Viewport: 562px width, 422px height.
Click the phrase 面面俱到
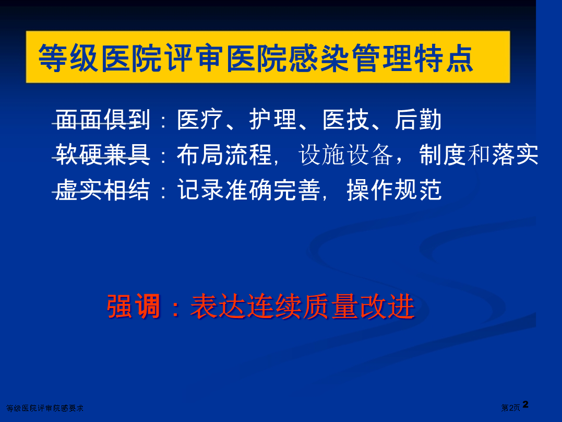click(x=102, y=120)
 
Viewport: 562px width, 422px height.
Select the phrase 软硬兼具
click(x=102, y=155)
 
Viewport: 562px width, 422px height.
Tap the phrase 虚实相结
click(x=102, y=190)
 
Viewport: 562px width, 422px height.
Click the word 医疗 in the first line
click(x=200, y=120)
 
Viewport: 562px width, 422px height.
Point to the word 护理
click(x=273, y=120)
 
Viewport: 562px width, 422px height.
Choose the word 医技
click(x=346, y=120)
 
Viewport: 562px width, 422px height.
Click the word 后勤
click(x=418, y=120)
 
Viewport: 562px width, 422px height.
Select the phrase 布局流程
click(x=224, y=155)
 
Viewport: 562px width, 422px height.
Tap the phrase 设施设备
click(x=346, y=155)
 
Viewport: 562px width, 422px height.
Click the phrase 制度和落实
click(x=479, y=155)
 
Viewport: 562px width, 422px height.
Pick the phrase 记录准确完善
click(x=249, y=190)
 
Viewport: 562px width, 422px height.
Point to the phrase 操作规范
click(x=394, y=190)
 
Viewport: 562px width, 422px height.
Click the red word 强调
click(x=134, y=306)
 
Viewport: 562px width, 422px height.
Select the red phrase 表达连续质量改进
click(x=303, y=306)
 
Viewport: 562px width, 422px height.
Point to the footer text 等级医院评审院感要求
click(x=45, y=408)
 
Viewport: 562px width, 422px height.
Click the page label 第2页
click(x=510, y=408)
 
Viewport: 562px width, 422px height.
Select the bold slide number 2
click(x=525, y=404)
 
